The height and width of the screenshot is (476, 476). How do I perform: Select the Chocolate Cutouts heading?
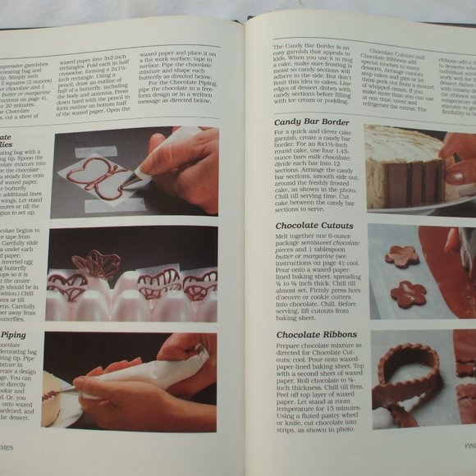(314, 226)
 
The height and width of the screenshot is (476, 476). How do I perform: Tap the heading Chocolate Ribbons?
(315, 335)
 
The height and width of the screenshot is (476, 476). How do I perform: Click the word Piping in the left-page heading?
(15, 335)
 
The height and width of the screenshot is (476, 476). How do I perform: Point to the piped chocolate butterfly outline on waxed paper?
(95, 176)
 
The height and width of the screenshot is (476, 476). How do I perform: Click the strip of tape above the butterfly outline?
(96, 152)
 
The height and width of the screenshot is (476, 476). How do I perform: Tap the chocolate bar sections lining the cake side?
(415, 183)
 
